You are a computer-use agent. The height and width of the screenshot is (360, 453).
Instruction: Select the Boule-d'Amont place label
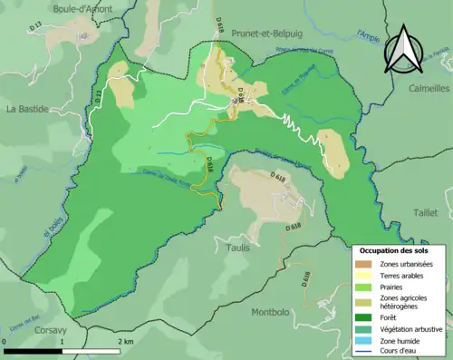click(57, 8)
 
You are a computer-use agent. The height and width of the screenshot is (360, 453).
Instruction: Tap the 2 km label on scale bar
click(127, 342)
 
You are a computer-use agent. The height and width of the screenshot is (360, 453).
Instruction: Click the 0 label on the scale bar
click(6, 342)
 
